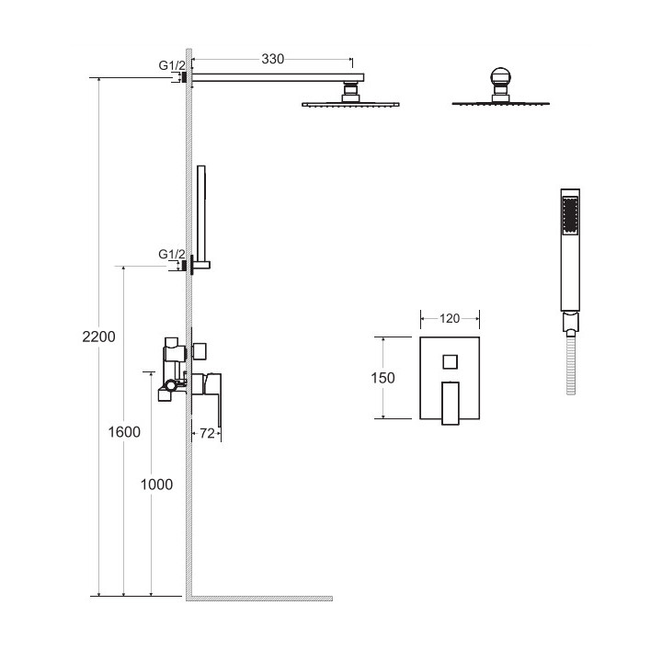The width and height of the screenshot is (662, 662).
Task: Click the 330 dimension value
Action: click(x=272, y=59)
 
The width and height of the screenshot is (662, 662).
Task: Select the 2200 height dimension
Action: click(x=98, y=337)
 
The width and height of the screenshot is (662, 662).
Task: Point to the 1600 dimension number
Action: click(x=124, y=432)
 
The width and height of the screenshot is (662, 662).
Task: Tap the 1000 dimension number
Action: click(x=156, y=485)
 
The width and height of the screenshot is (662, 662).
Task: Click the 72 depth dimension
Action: click(x=207, y=433)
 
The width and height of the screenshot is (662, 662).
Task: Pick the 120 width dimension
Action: click(x=450, y=318)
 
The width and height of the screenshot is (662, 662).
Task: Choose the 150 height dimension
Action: click(x=382, y=378)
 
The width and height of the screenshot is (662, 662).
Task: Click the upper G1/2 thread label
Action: click(x=172, y=65)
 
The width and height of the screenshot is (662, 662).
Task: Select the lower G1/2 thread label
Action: click(x=172, y=254)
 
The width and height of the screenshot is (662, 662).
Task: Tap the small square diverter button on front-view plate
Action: click(x=450, y=362)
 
